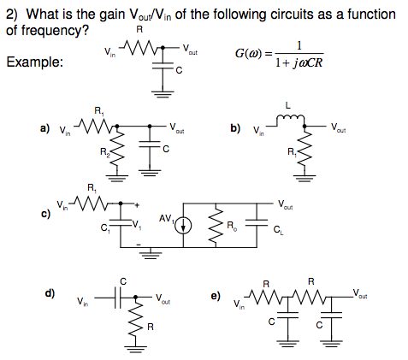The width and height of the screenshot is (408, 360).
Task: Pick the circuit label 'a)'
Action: click(x=44, y=129)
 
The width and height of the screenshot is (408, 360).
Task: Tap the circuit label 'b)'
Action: click(x=235, y=128)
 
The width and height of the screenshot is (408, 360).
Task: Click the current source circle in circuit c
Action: click(x=184, y=226)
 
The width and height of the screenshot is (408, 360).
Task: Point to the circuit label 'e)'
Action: click(x=215, y=296)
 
